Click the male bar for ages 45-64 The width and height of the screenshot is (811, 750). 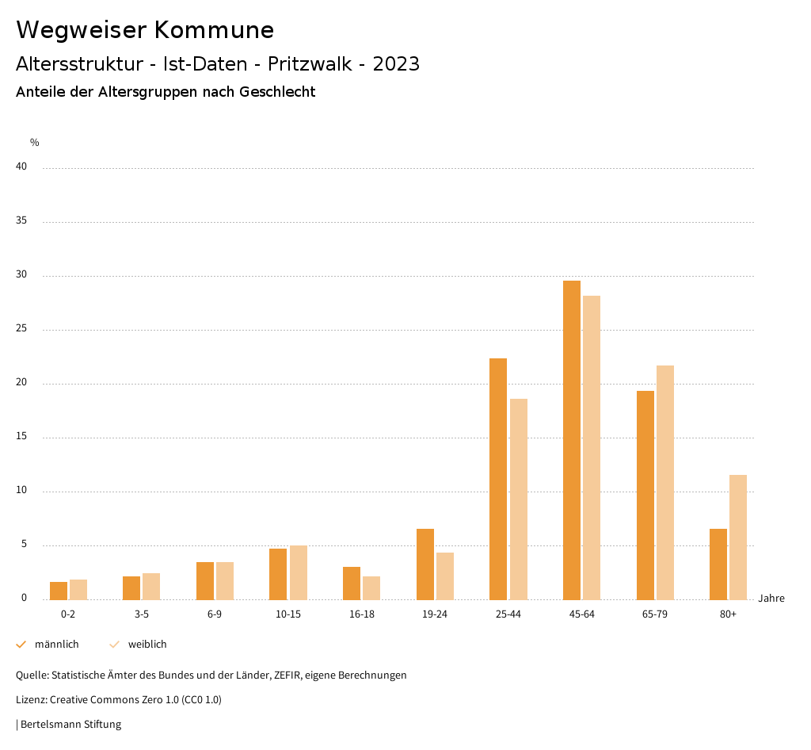click(x=572, y=440)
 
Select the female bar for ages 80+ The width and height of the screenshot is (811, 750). click(x=738, y=537)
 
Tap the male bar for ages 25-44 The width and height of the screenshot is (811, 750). click(x=498, y=479)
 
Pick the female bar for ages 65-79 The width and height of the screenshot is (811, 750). click(x=665, y=482)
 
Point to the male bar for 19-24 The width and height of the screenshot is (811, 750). click(x=425, y=564)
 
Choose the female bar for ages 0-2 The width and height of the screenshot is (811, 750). click(x=78, y=589)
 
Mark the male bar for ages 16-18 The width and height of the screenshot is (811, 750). click(x=352, y=583)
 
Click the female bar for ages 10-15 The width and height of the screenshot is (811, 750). click(x=298, y=572)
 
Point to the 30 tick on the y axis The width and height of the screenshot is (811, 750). click(x=22, y=275)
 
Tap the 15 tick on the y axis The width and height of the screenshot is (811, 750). click(x=22, y=437)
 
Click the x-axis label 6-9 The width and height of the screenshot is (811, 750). click(x=215, y=614)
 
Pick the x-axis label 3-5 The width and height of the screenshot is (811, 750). click(x=141, y=614)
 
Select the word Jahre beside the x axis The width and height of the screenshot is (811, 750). click(x=771, y=599)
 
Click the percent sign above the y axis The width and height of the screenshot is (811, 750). click(x=35, y=143)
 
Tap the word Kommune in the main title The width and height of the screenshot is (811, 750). click(x=214, y=30)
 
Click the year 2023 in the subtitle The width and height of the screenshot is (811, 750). click(x=396, y=64)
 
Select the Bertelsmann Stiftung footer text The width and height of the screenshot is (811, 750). click(x=70, y=725)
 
